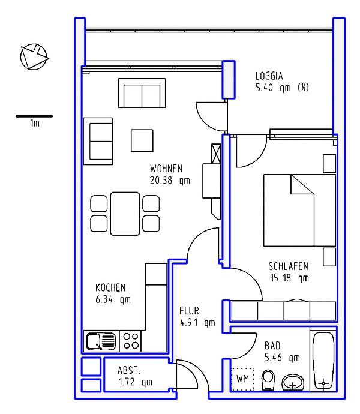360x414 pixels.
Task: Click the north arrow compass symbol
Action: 34,57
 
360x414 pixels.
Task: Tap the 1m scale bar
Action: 34,116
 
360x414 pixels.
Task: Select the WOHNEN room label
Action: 166,169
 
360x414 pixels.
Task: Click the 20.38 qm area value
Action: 170,181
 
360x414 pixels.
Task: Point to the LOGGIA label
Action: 269,76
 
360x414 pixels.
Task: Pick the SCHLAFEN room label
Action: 289,266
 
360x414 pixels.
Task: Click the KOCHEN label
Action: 110,287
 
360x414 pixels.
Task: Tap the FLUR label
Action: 189,311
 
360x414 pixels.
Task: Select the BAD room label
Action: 272,346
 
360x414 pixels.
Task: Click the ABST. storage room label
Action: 129,370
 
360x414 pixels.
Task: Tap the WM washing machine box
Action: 242,379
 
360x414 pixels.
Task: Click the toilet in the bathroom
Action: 268,380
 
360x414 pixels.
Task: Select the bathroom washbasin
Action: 293,382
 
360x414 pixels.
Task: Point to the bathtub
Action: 323,361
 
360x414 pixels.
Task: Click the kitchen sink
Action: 101,341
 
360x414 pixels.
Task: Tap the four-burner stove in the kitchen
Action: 131,341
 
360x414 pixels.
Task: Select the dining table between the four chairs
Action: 125,214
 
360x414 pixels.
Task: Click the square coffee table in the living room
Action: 142,140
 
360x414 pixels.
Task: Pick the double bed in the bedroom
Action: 300,210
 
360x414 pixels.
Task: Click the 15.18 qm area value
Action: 289,278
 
